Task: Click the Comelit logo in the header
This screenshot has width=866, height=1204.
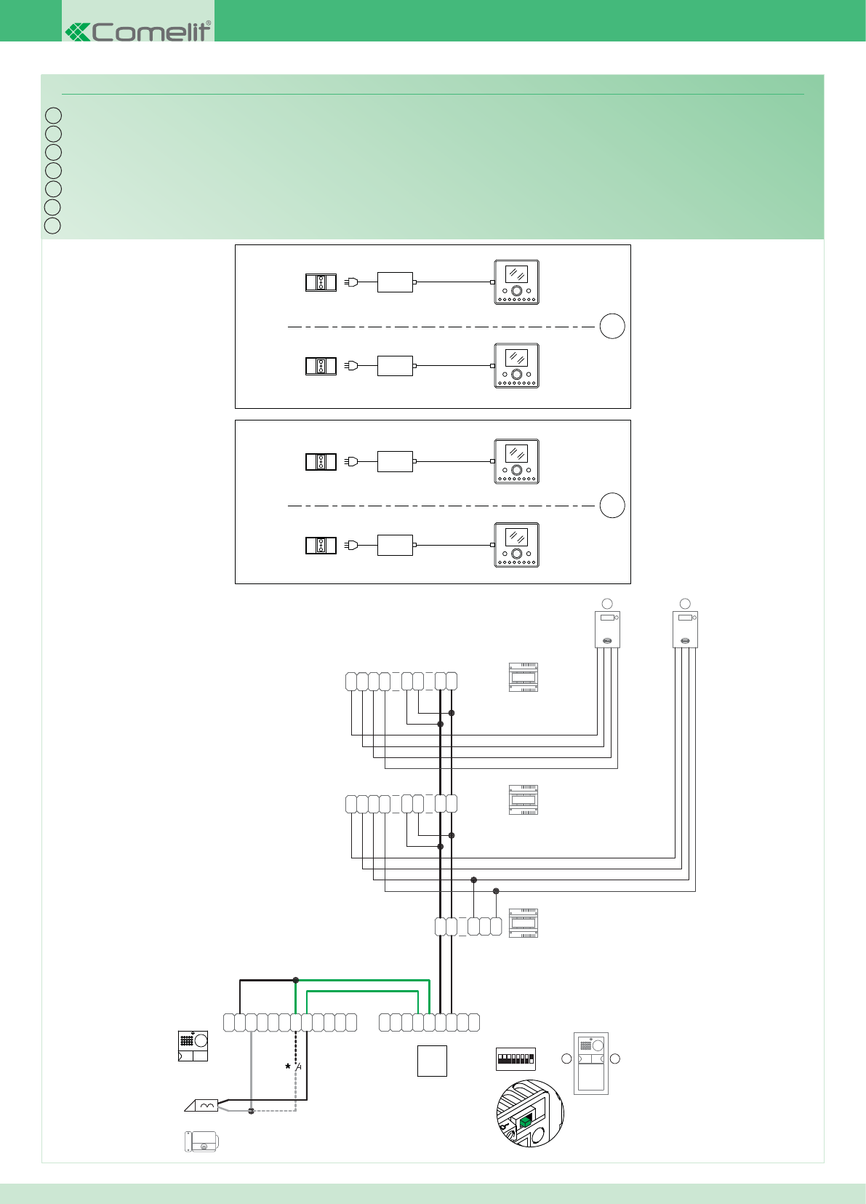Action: [138, 31]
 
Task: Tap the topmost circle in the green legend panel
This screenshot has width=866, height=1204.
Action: [52, 116]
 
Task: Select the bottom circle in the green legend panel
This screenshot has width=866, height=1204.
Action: [52, 226]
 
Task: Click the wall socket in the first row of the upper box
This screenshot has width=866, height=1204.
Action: [321, 282]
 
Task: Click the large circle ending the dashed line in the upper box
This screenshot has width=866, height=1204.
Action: [612, 326]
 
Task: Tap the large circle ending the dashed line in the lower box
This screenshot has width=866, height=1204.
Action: [612, 505]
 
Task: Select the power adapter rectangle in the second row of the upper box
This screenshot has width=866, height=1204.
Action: [395, 365]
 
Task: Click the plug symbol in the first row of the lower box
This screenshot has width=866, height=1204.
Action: [351, 461]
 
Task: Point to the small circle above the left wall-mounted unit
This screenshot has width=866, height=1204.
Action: [607, 603]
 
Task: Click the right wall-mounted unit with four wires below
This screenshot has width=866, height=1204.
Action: [685, 629]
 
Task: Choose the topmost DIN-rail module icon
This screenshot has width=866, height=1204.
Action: [524, 677]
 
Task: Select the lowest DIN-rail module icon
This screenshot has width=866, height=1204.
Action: [524, 922]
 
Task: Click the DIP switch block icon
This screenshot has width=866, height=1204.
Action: [516, 1059]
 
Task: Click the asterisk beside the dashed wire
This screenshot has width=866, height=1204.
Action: [288, 1067]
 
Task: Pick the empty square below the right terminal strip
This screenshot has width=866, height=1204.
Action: [432, 1061]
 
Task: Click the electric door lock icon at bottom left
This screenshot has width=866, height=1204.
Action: [201, 1141]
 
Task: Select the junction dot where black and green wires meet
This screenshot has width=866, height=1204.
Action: [296, 980]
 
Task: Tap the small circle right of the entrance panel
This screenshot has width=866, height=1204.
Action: [614, 1059]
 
